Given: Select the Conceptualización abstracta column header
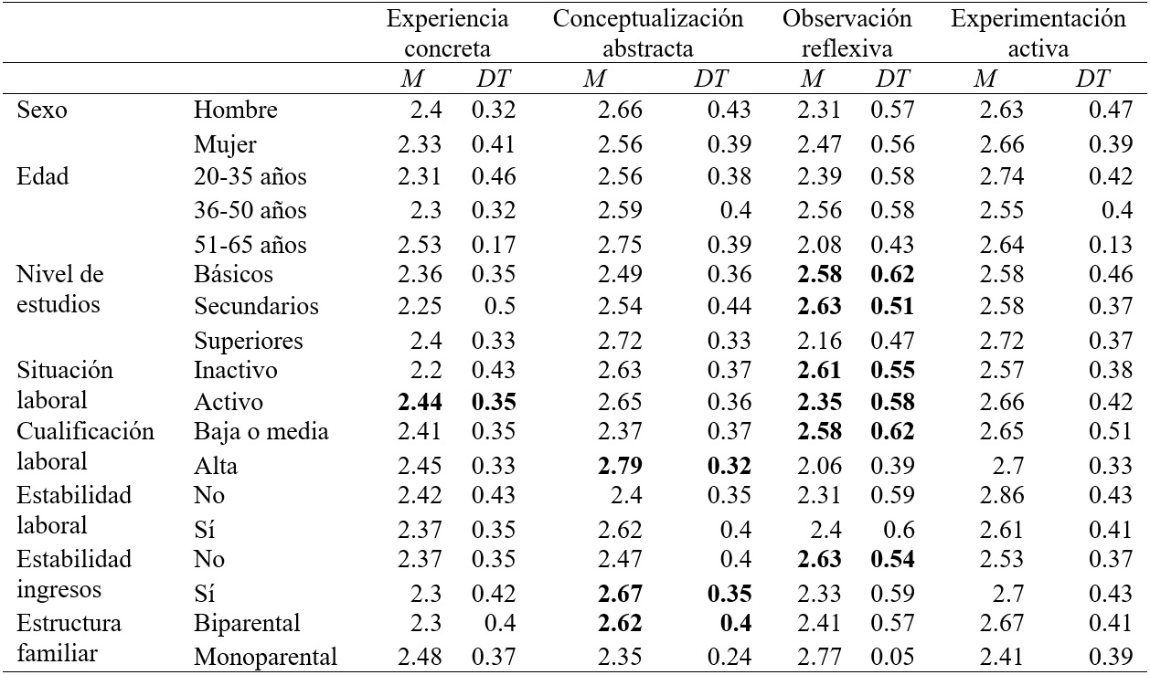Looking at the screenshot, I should coord(647,34).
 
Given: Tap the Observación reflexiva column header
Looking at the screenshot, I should coord(847,34).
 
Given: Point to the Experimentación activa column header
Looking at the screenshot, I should coord(1038,34).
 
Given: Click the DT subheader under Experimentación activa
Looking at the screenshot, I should coord(1092,79).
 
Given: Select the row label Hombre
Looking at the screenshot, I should coord(236,111).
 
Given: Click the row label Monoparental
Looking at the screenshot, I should coord(265,656).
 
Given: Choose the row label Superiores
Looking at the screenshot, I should coord(249,342).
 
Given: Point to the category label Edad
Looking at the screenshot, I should coord(44,177).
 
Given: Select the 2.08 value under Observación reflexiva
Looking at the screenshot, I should coord(815,245).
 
